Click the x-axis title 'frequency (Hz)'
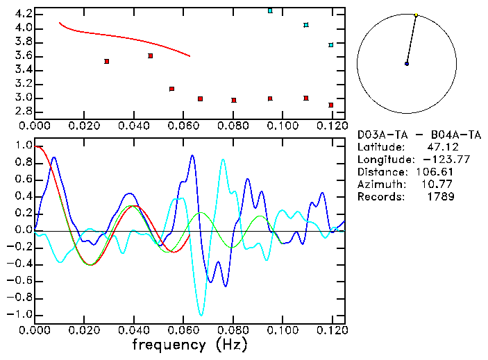190,345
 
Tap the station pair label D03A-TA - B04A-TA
419,135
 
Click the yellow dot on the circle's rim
416,15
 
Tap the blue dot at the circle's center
407,64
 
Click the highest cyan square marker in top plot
270,11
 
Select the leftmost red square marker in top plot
106,61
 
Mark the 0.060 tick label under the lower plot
183,330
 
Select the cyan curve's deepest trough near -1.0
202,315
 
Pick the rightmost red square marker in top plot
331,105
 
